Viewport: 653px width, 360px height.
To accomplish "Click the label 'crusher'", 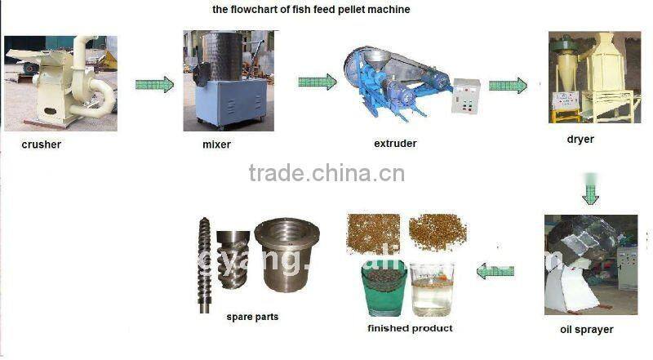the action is (x=42, y=144).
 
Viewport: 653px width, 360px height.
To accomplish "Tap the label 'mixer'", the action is (x=216, y=144).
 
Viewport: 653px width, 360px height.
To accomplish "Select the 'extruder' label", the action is (x=395, y=144).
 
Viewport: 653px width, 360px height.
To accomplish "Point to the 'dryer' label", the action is (x=580, y=140).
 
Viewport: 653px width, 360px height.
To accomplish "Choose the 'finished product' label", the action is (x=411, y=328).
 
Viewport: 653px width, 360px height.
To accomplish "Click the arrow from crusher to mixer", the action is (x=154, y=83).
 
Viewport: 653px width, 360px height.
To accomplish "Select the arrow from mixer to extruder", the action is (x=317, y=82).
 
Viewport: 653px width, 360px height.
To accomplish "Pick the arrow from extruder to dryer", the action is (x=508, y=85).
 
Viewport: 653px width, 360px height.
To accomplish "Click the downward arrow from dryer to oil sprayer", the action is (x=590, y=189).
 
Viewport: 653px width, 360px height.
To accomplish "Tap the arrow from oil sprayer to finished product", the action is (x=495, y=270).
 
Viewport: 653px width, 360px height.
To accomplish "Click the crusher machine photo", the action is (x=60, y=82).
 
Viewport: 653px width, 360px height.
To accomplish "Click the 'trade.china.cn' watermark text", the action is (x=326, y=173).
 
